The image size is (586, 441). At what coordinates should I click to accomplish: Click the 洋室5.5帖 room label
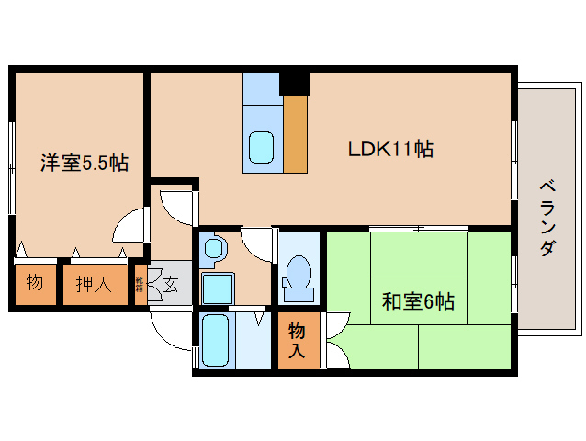(83, 164)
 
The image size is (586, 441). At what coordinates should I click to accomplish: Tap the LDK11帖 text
(389, 148)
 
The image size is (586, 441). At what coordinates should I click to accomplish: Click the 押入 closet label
(94, 282)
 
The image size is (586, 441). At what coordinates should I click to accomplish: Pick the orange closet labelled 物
(35, 282)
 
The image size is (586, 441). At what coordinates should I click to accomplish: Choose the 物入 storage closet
(297, 339)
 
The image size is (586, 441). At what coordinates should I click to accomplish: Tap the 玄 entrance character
(171, 282)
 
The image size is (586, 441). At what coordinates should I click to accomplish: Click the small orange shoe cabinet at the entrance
(140, 284)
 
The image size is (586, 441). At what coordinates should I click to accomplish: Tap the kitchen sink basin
(262, 145)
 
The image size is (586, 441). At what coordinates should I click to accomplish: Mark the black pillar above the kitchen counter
(295, 83)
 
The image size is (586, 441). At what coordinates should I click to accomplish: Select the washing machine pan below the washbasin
(217, 288)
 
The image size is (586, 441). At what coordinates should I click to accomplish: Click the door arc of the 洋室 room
(131, 223)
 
